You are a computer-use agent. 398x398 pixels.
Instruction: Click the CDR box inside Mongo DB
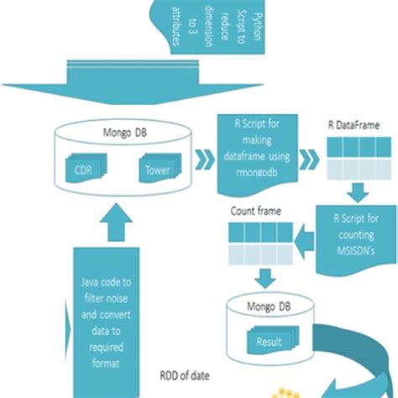click(x=82, y=172)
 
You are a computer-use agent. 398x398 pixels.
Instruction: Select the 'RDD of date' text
click(x=187, y=376)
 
